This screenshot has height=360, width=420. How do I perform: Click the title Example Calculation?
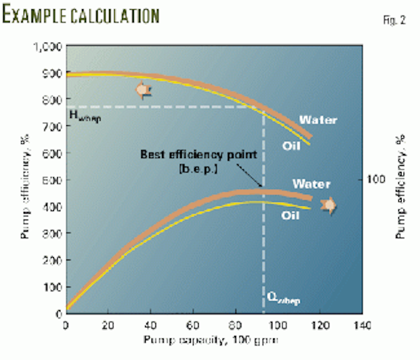click(81, 14)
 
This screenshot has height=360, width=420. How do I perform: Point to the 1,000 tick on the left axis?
click(48, 47)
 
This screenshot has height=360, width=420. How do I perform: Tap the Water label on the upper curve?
click(318, 120)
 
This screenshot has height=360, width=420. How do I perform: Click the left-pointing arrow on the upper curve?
click(141, 90)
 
